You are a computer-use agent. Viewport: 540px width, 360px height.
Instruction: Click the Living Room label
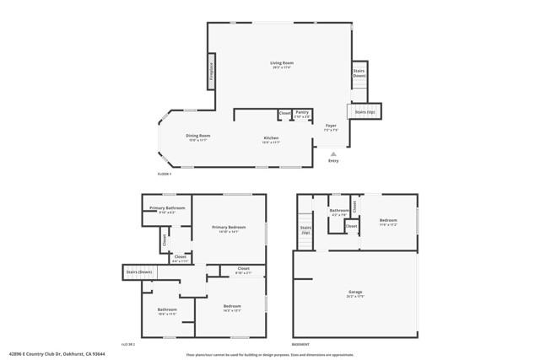pos(281,64)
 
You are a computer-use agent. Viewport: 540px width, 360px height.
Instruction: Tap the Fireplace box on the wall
pos(211,72)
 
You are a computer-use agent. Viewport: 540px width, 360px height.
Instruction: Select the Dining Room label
pos(198,137)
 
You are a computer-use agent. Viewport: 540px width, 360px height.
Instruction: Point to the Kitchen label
pos(270,138)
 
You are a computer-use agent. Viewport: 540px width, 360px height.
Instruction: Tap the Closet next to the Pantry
pos(285,113)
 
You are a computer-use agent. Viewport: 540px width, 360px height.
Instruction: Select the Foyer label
pos(331,126)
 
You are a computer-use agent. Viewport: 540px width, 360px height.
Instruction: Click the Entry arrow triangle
pos(333,154)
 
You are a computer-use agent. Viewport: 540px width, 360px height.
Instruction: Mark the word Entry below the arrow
pos(333,161)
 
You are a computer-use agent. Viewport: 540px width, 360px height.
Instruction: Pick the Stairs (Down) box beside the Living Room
pos(359,73)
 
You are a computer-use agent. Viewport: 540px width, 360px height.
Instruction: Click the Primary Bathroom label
pos(167,209)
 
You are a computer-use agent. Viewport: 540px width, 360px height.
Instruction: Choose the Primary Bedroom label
pos(229,228)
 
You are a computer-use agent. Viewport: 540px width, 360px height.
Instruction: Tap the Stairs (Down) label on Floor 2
pos(139,272)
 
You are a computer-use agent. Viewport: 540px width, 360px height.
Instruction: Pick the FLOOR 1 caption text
pos(165,174)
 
